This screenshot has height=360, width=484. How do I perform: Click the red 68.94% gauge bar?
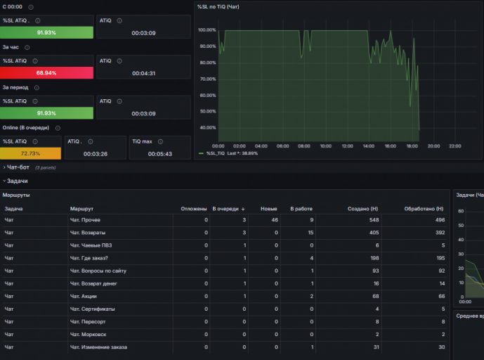(46, 73)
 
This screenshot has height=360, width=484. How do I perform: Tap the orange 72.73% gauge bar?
(31, 153)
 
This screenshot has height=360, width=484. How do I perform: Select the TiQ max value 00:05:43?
(160, 154)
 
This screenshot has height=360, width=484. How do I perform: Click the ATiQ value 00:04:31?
(143, 73)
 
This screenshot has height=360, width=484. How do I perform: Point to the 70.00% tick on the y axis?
(208, 79)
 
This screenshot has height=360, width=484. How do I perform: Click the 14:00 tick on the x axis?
(369, 146)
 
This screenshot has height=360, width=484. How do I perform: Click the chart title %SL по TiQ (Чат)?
(218, 7)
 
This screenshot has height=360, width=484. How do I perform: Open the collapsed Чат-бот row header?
(18, 167)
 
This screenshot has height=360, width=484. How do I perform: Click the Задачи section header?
(18, 181)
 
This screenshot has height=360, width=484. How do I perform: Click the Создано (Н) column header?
(362, 209)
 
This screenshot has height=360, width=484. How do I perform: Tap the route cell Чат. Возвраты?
(88, 233)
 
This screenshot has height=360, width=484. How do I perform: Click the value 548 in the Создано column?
(374, 220)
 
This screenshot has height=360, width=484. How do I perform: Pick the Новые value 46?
(275, 220)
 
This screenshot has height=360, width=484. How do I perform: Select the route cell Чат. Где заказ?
(89, 258)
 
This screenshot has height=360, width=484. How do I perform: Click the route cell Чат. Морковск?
(88, 335)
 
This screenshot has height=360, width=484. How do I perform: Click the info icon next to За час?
(27, 47)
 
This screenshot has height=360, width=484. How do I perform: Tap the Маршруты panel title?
(16, 195)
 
